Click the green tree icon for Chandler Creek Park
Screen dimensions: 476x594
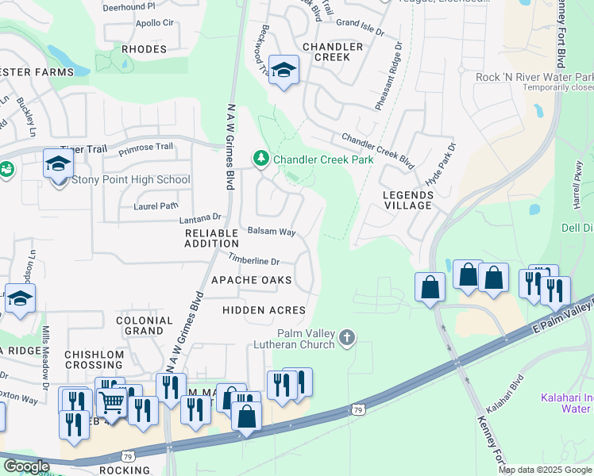point(260,159)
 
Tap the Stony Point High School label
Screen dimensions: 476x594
point(131,180)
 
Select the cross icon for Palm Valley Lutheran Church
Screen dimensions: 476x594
point(345,339)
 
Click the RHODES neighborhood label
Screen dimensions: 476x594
point(145,49)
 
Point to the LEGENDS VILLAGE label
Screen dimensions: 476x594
point(407,199)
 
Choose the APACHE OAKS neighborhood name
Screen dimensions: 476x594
point(252,281)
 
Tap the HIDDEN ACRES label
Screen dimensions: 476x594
point(264,309)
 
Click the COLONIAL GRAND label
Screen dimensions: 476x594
point(144,325)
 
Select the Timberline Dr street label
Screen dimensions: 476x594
point(254,261)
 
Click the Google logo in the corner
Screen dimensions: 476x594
point(26,466)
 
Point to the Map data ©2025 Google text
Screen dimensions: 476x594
point(546,470)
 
